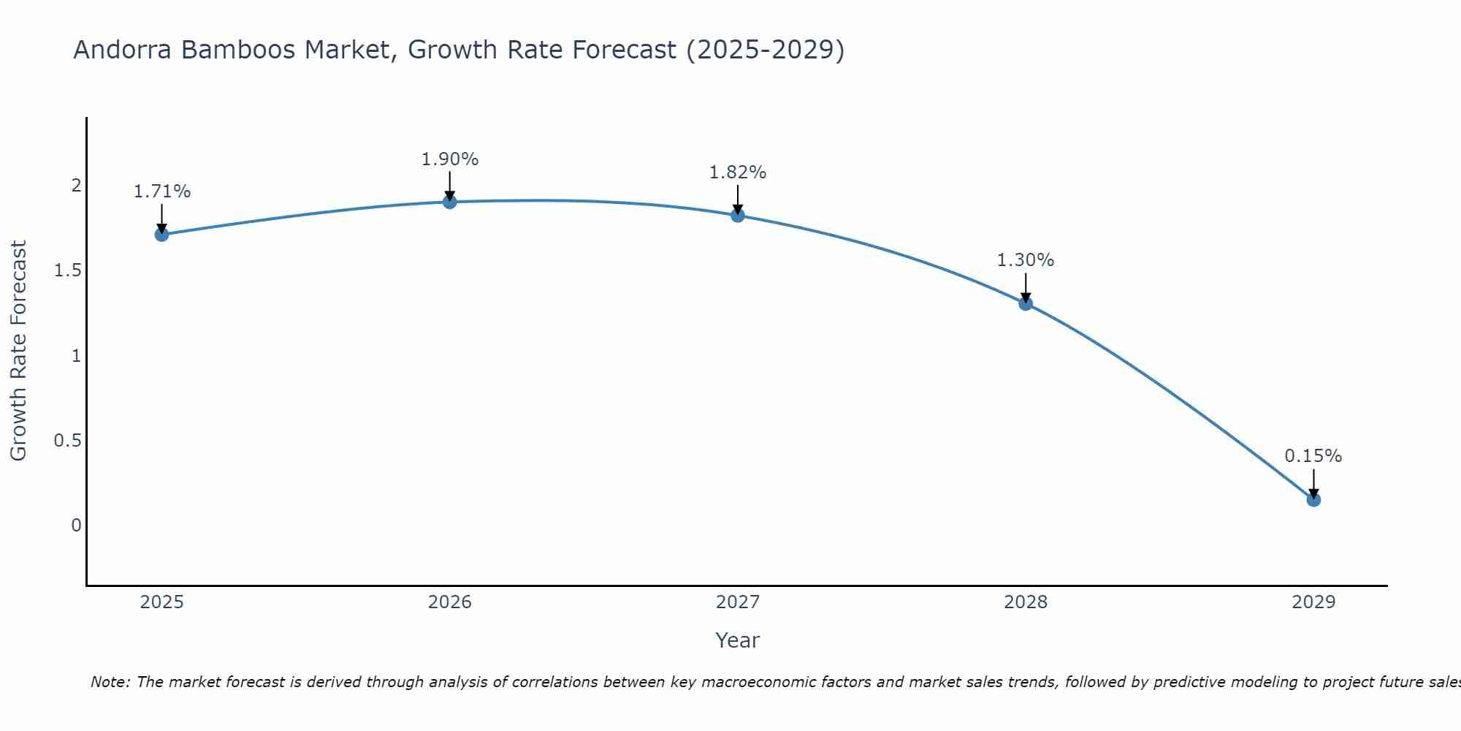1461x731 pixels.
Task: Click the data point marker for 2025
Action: tap(161, 235)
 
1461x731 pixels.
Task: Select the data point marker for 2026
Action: tap(450, 202)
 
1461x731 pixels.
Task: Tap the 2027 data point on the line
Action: tap(738, 216)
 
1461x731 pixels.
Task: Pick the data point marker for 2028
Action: tap(1026, 303)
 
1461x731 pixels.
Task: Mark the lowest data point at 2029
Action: tap(1313, 500)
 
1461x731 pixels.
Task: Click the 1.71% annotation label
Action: tap(161, 192)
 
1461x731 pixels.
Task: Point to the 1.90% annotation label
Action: tap(450, 159)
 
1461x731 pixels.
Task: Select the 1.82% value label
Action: tap(738, 173)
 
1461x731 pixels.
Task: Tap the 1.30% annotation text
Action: tap(1026, 260)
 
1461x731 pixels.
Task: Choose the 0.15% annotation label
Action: tap(1313, 456)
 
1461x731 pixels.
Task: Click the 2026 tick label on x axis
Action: tap(450, 602)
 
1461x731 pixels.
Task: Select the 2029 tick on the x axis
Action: tap(1313, 602)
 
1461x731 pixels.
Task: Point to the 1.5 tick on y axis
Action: tap(67, 270)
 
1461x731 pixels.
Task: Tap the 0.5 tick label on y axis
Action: tap(67, 440)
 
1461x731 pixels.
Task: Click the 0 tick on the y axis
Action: tap(76, 525)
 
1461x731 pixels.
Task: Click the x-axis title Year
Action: tap(738, 640)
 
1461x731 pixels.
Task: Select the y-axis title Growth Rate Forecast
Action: tap(19, 351)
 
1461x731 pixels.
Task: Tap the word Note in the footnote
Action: tap(110, 682)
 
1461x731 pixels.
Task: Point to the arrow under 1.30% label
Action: tap(1026, 287)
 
